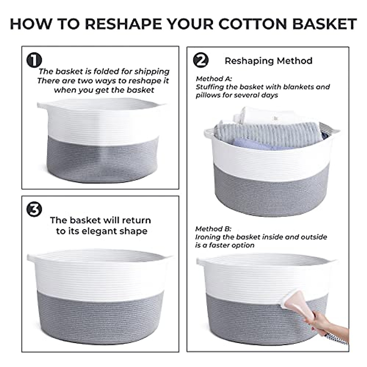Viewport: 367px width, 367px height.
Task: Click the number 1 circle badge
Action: (x=34, y=60)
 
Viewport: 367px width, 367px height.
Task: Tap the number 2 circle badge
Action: (x=201, y=60)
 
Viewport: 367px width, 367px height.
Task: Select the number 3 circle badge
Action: (x=34, y=209)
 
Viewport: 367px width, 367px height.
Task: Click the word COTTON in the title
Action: (x=253, y=24)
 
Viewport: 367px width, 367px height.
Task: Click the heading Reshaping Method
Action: (x=268, y=61)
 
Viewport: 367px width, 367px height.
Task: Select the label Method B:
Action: (x=213, y=229)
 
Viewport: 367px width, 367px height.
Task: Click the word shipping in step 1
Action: (x=152, y=72)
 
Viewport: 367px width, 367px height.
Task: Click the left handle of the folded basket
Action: (x=42, y=106)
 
